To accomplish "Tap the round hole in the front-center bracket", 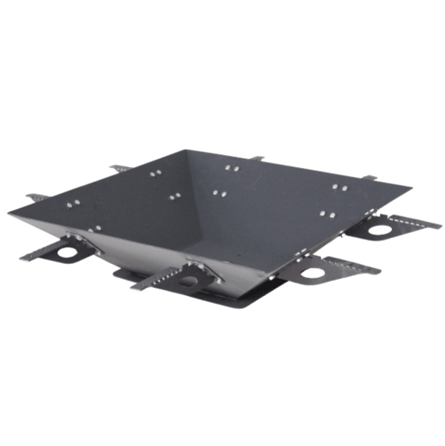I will (x=188, y=280).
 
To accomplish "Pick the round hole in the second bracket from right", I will (x=313, y=272).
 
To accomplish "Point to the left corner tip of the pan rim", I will (x=10, y=213).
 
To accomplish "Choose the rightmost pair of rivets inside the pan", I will (x=339, y=186).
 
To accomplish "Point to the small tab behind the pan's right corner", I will (x=370, y=177).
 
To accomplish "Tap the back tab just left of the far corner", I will (x=119, y=169).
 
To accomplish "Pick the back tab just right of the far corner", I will (x=257, y=158).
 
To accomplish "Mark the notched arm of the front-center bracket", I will (x=153, y=280).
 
